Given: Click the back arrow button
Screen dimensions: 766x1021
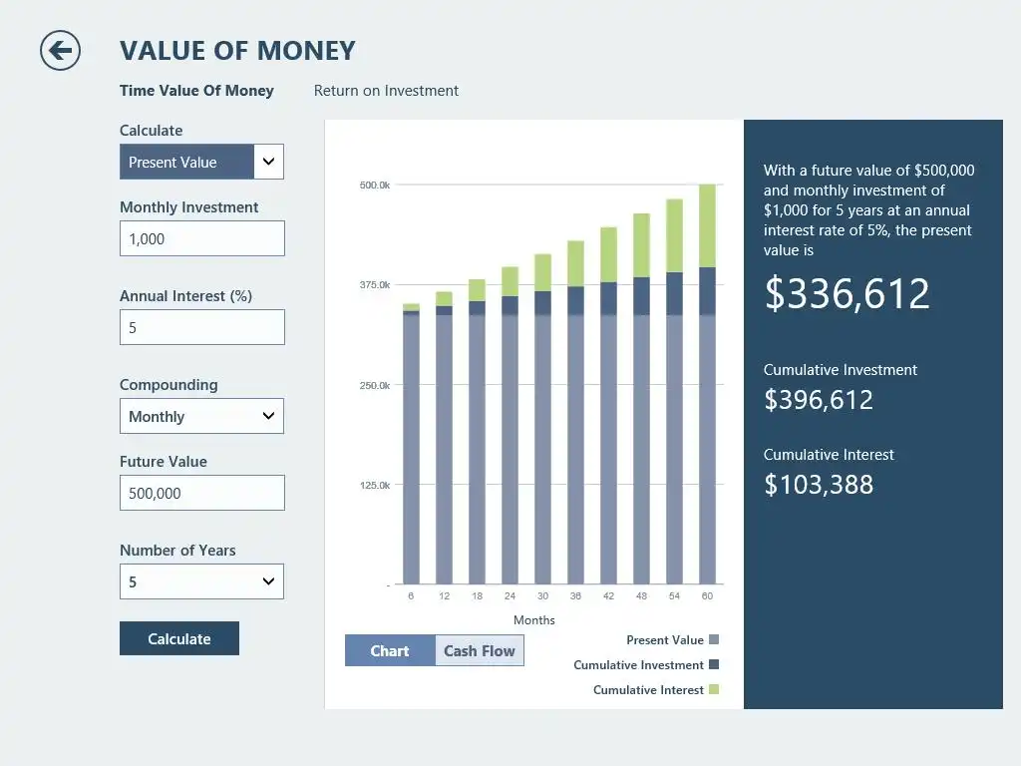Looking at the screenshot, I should click(60, 50).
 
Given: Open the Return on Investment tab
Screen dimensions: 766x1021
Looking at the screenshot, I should click(386, 91).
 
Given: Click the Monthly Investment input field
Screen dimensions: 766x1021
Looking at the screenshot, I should click(201, 238).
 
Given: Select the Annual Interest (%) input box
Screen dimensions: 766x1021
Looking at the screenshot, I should click(201, 327).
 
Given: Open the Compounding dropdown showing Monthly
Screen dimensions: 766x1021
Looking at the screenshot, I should click(201, 416).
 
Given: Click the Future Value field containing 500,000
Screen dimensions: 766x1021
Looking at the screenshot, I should click(201, 493).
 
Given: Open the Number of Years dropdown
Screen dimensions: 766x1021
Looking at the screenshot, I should click(201, 581).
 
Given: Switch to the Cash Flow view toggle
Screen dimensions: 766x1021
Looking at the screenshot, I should click(479, 651).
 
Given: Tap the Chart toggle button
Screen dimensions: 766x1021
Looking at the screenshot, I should click(390, 651).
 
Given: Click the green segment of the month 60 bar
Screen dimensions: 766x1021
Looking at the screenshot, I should click(707, 225).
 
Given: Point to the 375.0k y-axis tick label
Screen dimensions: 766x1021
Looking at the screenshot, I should click(374, 285).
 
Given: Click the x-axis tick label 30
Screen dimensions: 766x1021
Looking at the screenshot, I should click(542, 596).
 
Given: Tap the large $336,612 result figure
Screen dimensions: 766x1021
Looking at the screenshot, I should click(847, 293).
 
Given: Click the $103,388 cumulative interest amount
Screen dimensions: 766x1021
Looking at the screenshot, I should click(819, 485).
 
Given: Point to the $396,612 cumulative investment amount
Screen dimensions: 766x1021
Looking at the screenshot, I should click(819, 400).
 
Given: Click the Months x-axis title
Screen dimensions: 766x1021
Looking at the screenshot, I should click(534, 620).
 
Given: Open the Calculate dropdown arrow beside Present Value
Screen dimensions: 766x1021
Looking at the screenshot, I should click(268, 162).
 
